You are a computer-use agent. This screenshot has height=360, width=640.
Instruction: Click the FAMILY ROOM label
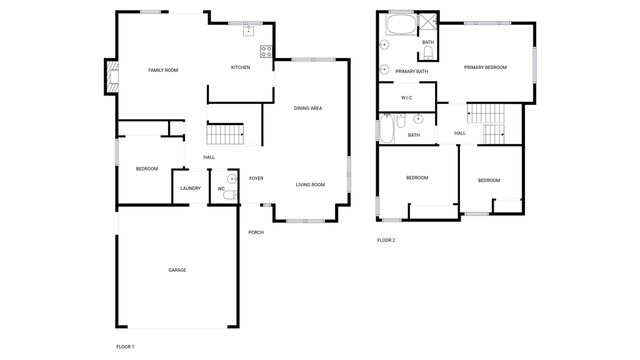tap(163, 70)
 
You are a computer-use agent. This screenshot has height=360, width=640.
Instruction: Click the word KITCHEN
tap(240, 68)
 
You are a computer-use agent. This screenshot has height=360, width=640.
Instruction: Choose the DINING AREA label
tap(307, 108)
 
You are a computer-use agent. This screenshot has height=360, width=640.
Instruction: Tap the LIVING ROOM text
tap(310, 185)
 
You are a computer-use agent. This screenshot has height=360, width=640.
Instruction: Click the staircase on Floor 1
tap(226, 135)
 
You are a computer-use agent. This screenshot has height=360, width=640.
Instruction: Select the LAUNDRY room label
tap(190, 188)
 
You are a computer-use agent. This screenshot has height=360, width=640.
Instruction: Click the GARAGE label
tap(177, 270)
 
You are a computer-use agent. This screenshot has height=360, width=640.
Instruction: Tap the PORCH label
tap(257, 232)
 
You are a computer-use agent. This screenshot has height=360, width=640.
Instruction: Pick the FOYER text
tap(256, 179)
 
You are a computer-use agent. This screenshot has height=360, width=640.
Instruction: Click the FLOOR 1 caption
tap(125, 346)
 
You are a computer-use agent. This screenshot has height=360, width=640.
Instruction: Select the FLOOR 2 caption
tap(386, 240)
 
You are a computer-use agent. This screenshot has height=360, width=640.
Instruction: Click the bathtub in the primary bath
tap(401, 25)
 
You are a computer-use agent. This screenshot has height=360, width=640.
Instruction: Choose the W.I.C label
tap(407, 98)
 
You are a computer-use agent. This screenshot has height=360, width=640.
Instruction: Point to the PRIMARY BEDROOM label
tap(485, 67)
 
